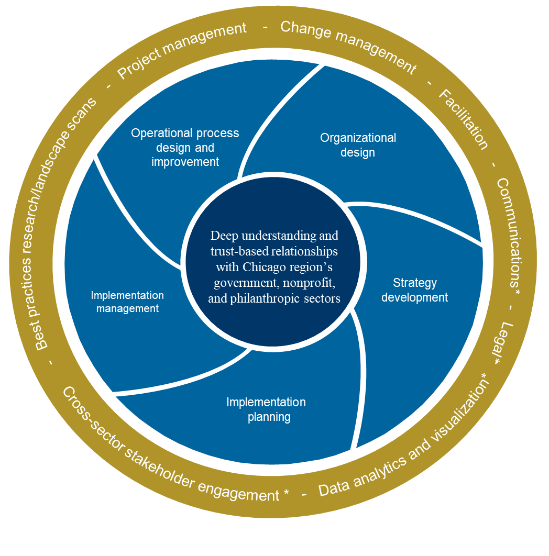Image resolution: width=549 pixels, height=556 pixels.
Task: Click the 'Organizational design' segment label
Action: [x=358, y=145]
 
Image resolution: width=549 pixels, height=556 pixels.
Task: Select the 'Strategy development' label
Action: [x=414, y=290]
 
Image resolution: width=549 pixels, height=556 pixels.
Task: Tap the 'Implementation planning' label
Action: [x=266, y=409]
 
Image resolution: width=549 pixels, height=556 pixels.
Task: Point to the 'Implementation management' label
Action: [x=127, y=302]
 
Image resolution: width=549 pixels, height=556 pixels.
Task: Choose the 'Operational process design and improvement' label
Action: [x=185, y=147]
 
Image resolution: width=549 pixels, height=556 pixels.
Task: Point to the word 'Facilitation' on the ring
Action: [x=463, y=119]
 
